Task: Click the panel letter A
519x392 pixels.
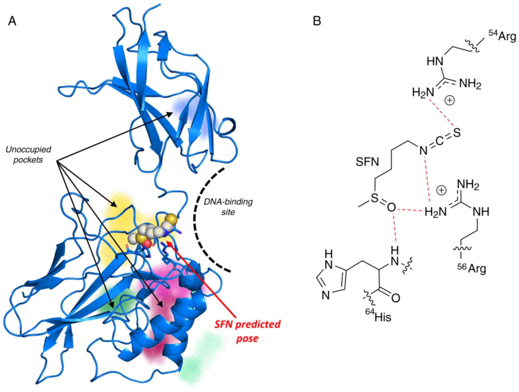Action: pos(12,21)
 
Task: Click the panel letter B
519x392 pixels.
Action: pos(317,21)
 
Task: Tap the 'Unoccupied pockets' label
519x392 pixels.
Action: pos(28,155)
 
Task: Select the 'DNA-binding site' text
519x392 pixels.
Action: pos(228,207)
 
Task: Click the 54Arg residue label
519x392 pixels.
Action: pos(502,37)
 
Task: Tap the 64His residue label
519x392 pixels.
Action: pos(378,316)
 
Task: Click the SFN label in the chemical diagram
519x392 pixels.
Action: pos(367,162)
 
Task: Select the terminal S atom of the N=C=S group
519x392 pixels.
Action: pos(457,133)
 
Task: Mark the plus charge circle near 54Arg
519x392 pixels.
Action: pos(450,100)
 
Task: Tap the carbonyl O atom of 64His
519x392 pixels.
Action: pos(396,298)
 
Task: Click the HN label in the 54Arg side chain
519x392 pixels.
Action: pos(435,62)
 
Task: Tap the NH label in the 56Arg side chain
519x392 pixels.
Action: pos(481,212)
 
